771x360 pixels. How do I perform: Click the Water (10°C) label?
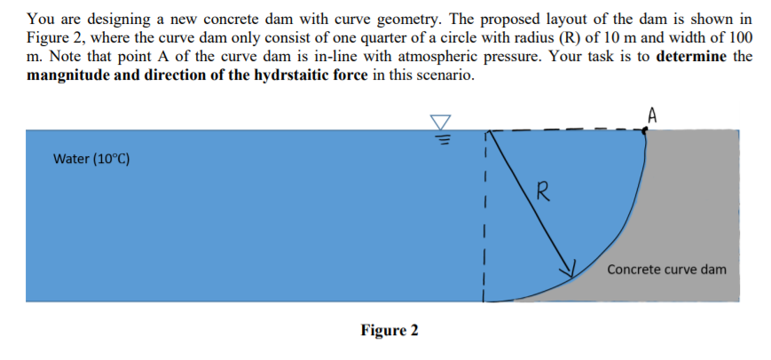[91, 160]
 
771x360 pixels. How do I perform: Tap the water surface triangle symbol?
[441, 122]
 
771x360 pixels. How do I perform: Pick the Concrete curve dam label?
[666, 269]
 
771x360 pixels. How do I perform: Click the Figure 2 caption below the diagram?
[389, 331]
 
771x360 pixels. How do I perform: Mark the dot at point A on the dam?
[646, 129]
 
